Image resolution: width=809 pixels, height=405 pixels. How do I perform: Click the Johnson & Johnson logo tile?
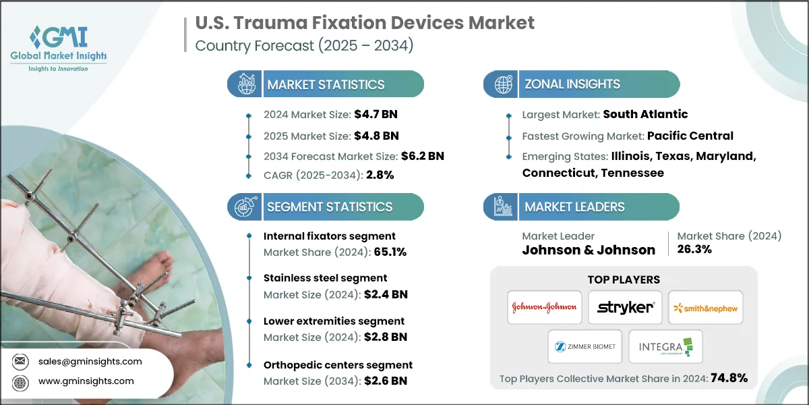click(x=544, y=307)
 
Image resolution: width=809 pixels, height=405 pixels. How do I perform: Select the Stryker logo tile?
click(x=625, y=307)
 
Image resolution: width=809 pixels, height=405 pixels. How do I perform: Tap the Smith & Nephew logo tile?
click(x=706, y=307)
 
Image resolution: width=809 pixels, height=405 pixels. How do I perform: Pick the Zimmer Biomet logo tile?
click(x=585, y=346)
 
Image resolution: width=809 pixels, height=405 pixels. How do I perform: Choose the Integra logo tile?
click(x=665, y=346)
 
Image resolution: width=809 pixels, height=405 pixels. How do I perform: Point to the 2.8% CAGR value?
click(x=380, y=175)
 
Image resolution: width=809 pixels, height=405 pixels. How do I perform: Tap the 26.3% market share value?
click(x=695, y=250)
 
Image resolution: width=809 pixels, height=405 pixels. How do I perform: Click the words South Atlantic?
click(x=645, y=115)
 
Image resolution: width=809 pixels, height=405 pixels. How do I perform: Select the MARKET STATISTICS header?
click(x=326, y=84)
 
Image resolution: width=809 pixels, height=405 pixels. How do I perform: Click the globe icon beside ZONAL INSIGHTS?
click(x=503, y=84)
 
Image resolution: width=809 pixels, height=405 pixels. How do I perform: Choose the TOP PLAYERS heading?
click(x=624, y=279)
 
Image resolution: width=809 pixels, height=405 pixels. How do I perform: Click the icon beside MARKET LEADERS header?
click(x=503, y=207)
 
